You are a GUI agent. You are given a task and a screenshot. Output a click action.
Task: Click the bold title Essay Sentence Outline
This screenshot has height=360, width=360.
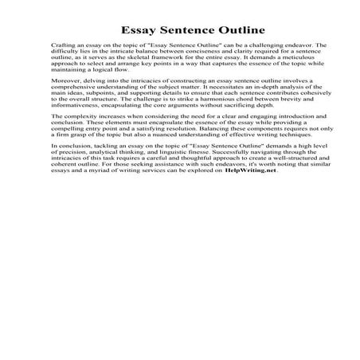[180, 23]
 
